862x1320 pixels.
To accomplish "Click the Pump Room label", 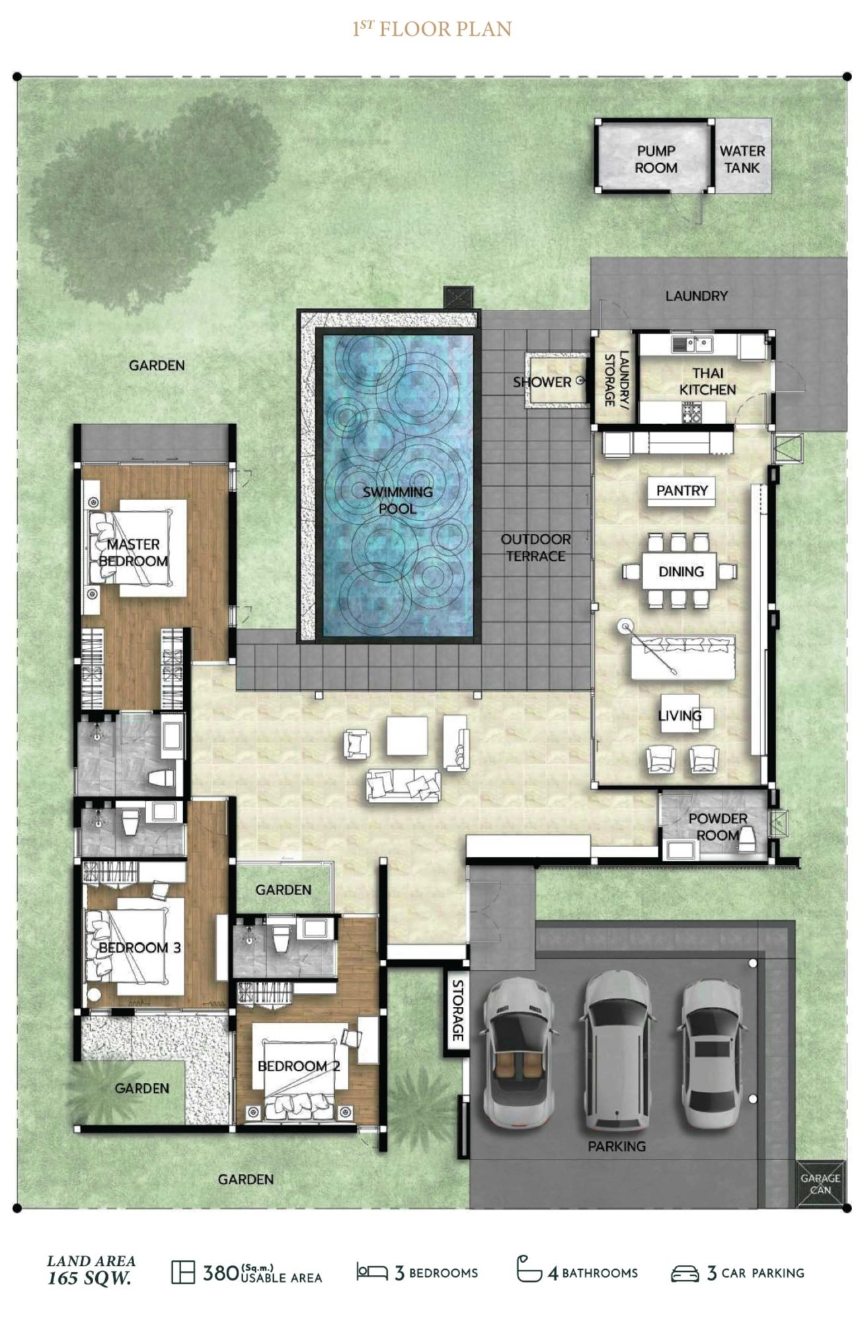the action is tap(656, 159).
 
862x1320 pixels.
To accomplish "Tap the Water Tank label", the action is tap(742, 159).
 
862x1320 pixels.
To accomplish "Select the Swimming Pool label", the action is tap(397, 500).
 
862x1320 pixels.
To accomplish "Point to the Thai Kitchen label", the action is tap(707, 381).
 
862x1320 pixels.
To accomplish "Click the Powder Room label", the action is tap(718, 826).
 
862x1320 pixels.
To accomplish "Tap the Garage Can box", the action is tap(820, 1183).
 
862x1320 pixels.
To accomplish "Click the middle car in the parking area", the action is tap(617, 1050).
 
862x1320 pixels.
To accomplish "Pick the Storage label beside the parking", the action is tap(457, 1011).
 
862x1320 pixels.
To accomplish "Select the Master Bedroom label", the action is tap(134, 552).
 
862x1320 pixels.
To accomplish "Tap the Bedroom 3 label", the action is tap(139, 947).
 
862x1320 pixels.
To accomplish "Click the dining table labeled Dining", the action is tap(681, 571).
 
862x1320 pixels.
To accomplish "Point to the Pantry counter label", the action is tap(682, 490).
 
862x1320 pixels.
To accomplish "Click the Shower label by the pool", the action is tap(542, 382).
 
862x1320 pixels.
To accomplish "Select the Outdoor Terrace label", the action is tap(535, 548).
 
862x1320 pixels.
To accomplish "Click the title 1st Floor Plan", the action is tap(432, 28).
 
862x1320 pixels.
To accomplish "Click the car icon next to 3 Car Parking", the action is tap(685, 1272).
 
